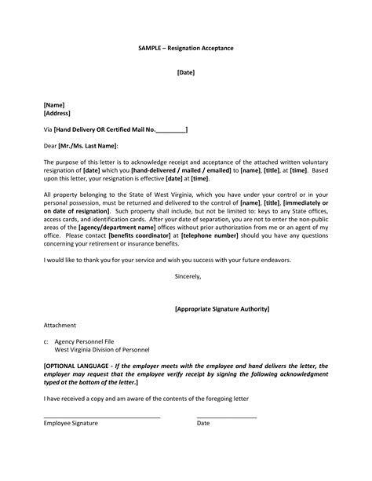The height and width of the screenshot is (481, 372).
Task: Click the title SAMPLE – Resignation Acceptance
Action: (185, 49)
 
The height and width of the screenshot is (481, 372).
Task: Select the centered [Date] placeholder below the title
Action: (185, 72)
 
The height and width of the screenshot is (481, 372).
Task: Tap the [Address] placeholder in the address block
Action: (58, 113)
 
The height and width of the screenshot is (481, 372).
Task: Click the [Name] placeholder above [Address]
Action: (54, 104)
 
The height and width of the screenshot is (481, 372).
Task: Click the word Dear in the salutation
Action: (50, 146)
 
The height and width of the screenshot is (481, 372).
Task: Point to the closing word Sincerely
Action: (188, 276)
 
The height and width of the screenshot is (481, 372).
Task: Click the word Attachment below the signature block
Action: (60, 325)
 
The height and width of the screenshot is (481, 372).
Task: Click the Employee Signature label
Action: (71, 423)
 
